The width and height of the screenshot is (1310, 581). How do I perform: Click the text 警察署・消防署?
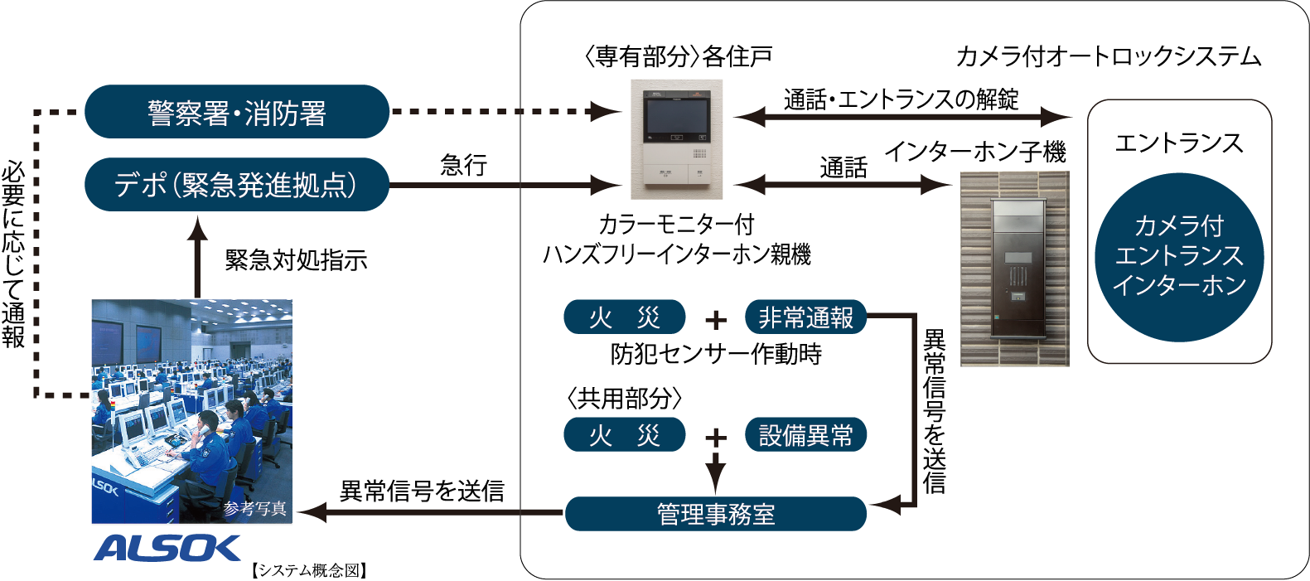(237, 114)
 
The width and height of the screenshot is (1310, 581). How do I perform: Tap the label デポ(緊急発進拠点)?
(235, 185)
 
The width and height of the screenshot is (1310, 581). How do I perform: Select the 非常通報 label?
(805, 318)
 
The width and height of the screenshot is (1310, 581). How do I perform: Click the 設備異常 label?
(805, 436)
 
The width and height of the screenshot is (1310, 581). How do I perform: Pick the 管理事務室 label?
(716, 515)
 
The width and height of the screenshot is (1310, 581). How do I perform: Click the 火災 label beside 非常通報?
(625, 318)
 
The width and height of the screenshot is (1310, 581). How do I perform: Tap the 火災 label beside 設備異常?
(625, 436)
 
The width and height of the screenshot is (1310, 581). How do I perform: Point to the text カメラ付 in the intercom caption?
(1179, 225)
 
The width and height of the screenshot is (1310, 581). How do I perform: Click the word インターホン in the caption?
(1179, 285)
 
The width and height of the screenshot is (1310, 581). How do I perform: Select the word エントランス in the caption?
(1179, 255)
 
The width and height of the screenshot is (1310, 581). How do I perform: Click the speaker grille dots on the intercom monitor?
(700, 152)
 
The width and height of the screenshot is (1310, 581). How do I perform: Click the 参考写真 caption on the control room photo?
(254, 509)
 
